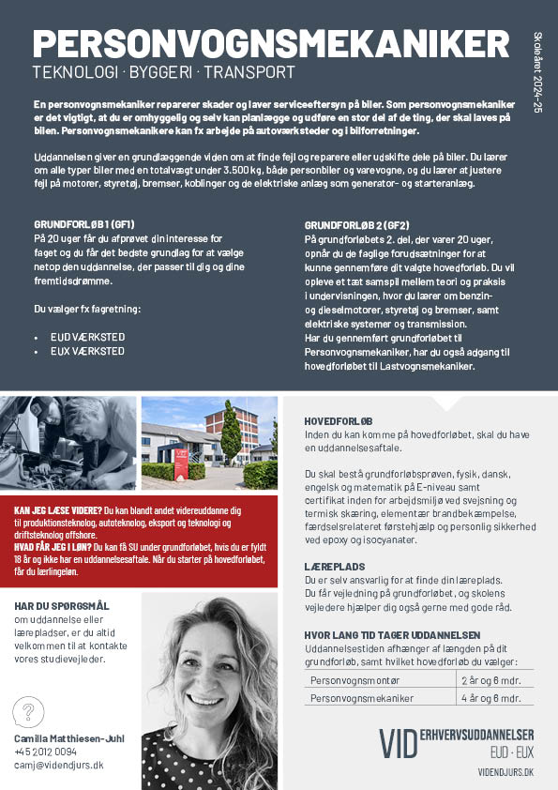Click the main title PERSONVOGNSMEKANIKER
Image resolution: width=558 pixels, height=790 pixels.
pos(271,45)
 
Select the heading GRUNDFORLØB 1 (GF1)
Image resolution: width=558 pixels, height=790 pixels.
pos(84,226)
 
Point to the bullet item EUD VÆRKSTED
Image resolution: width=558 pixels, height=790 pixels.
pos(87,336)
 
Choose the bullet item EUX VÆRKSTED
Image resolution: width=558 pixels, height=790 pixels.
pos(87,351)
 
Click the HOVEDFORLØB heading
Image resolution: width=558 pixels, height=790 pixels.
pos(339,420)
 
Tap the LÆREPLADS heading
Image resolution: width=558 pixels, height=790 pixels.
pos(334,568)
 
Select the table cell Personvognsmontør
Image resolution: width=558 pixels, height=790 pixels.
pos(349,679)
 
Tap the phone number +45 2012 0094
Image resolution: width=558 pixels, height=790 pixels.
pos(46,752)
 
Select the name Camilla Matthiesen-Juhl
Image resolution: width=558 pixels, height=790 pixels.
pos(68,738)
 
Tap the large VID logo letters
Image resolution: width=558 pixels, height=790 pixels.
pos(398,742)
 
